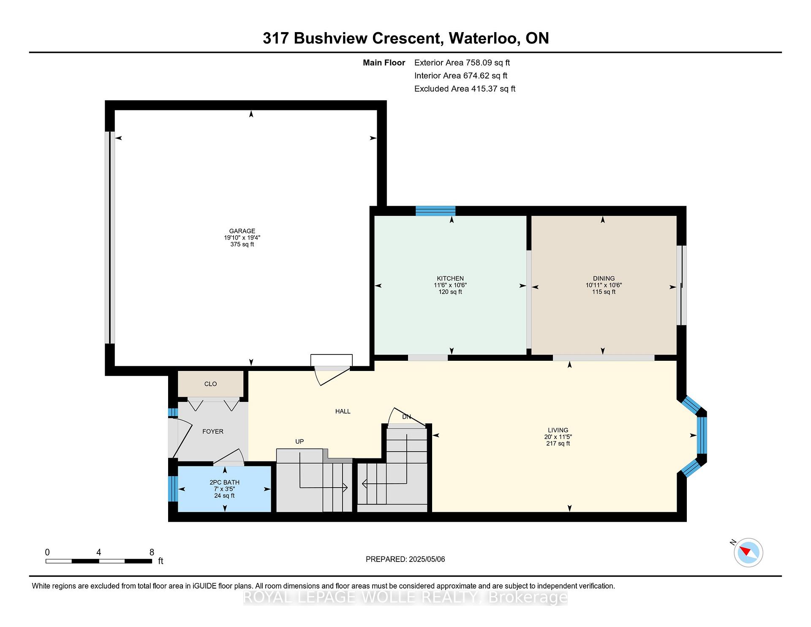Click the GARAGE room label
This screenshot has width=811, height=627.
(x=242, y=231)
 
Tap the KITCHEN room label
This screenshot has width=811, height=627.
(x=450, y=278)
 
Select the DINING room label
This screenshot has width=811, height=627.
(x=604, y=278)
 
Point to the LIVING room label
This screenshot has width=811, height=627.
(x=558, y=430)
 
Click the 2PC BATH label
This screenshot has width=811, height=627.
(x=224, y=482)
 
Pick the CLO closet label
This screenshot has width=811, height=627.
(x=210, y=384)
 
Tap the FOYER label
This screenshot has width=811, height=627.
(x=213, y=431)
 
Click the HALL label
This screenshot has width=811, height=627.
(x=343, y=411)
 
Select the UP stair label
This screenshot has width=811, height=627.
(x=299, y=442)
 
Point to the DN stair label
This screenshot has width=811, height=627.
(x=406, y=417)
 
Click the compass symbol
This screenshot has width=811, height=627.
(x=748, y=552)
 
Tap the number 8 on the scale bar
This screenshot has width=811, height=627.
(x=152, y=552)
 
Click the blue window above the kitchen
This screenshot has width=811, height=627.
(x=435, y=211)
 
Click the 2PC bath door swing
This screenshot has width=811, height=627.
(x=229, y=458)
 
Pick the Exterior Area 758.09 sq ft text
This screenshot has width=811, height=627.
(x=462, y=63)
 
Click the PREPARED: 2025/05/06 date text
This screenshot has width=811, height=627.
(x=405, y=559)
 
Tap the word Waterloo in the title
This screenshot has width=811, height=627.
(x=484, y=38)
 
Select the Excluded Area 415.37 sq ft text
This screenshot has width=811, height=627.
(x=465, y=89)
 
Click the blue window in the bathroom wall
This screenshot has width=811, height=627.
(x=173, y=488)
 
